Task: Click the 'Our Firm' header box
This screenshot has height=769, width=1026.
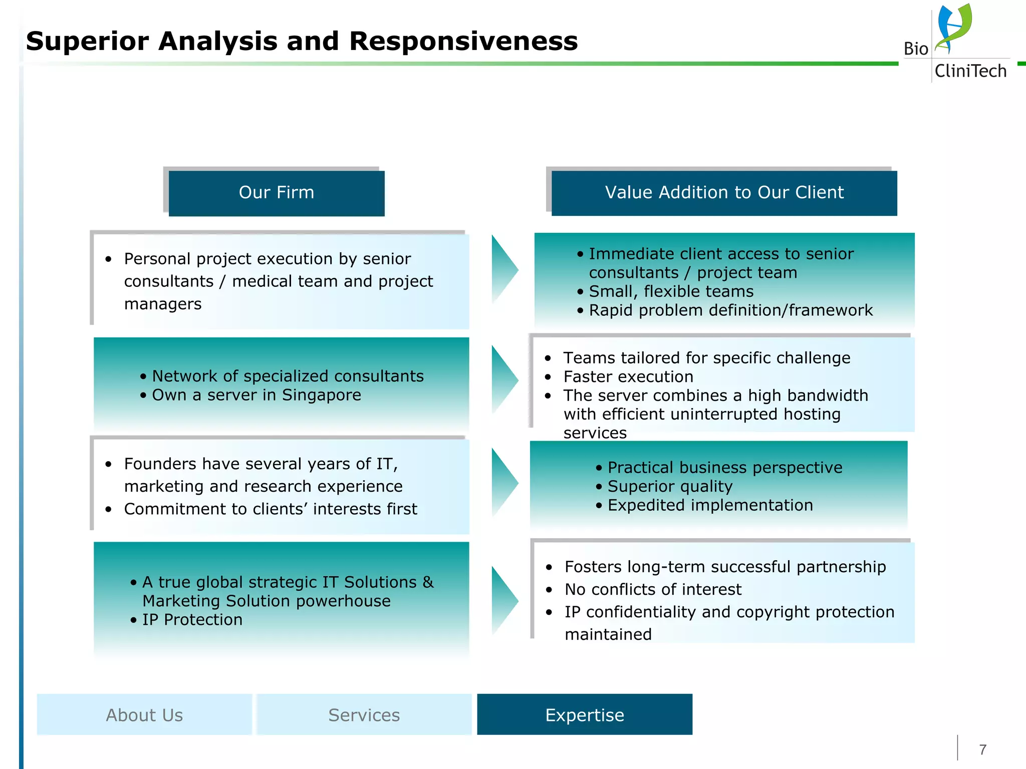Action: (277, 193)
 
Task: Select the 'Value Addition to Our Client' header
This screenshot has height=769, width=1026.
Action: (724, 193)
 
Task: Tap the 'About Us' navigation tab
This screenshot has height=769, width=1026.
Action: (144, 714)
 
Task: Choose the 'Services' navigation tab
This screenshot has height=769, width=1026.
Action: (364, 714)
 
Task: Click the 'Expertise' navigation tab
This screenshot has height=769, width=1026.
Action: (585, 714)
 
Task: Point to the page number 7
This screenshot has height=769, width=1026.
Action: (982, 749)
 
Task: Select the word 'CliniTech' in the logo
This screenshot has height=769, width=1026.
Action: (970, 71)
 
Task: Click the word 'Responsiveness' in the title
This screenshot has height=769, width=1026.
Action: (463, 41)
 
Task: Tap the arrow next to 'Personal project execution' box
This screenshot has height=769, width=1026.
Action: (503, 269)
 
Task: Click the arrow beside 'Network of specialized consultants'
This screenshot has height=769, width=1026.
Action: (503, 379)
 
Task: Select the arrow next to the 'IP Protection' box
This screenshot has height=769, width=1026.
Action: (503, 600)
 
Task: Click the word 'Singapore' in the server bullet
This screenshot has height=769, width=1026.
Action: (321, 395)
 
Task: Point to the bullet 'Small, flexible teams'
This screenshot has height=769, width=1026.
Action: (671, 291)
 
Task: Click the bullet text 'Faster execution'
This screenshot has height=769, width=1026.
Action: (628, 376)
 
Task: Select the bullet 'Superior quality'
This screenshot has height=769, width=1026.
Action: (670, 486)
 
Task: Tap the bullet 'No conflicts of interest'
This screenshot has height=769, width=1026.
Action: (653, 589)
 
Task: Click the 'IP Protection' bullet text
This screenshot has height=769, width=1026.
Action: (192, 620)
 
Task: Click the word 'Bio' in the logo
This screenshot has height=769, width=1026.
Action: (916, 49)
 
